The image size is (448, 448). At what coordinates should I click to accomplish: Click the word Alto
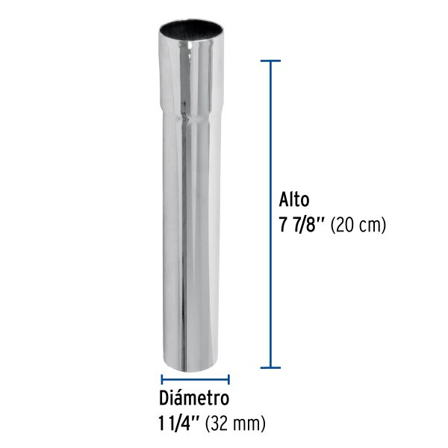point(294,200)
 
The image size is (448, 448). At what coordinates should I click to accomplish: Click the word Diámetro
point(194,397)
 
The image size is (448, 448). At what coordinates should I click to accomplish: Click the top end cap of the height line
point(270,59)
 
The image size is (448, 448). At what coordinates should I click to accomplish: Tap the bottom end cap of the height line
point(270,367)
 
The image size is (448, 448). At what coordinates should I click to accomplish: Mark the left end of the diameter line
point(162,379)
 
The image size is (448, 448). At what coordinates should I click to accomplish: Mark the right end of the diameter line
point(228,379)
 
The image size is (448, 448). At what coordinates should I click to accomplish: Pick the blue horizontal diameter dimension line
point(196,379)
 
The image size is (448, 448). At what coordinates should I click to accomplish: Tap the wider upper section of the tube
point(190,75)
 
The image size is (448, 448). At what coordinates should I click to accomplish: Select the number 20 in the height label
point(348,223)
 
